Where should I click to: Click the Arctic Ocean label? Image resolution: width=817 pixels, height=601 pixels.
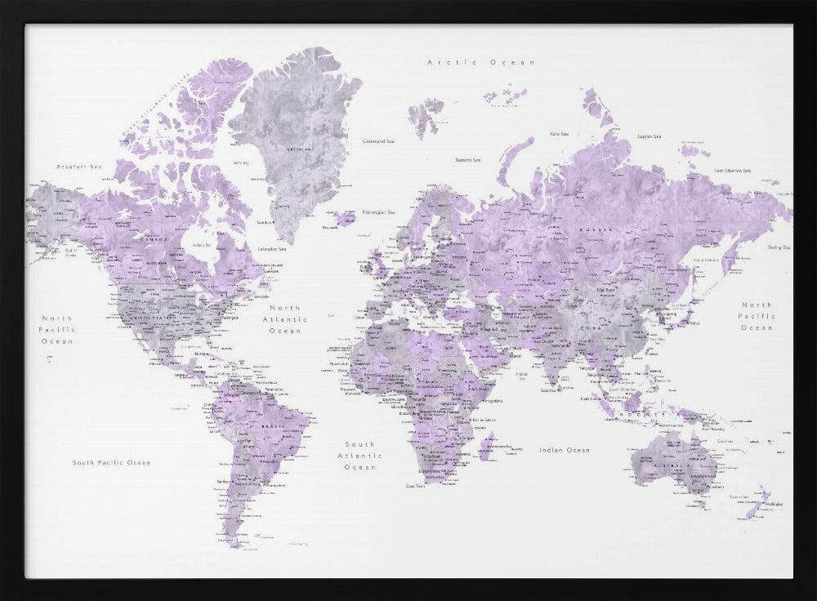(x=481, y=62)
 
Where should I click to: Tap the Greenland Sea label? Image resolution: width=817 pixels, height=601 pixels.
(x=379, y=141)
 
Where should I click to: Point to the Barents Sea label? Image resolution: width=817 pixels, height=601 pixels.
(x=467, y=161)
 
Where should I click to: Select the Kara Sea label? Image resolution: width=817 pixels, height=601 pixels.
(x=559, y=133)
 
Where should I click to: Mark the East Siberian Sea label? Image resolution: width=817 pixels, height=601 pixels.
(x=732, y=171)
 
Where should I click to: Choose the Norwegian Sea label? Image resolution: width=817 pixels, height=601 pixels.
(x=378, y=211)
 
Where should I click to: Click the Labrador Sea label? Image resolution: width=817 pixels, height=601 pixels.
(x=272, y=249)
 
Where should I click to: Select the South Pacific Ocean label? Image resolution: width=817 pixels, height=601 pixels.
(x=111, y=463)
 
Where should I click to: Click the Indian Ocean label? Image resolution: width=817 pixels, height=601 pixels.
(x=564, y=450)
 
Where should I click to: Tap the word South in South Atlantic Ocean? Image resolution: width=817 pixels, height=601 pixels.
(x=359, y=444)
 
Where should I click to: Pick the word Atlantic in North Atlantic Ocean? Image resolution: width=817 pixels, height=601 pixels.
(x=284, y=320)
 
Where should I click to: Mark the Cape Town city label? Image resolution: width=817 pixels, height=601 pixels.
(x=417, y=486)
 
